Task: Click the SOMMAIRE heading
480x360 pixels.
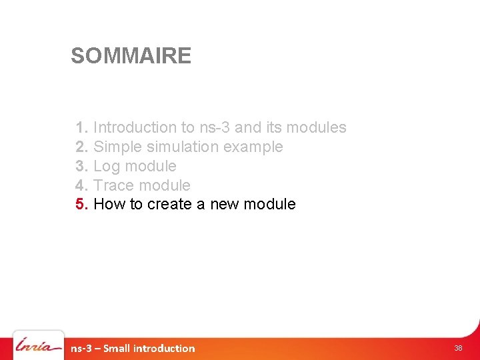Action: tap(131, 56)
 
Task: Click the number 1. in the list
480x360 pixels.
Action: tap(82, 127)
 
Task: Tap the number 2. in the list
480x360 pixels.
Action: tap(82, 147)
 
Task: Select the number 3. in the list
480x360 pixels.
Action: tap(82, 166)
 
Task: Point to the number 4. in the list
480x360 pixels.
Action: tap(82, 185)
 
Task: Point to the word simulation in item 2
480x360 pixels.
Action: tap(179, 147)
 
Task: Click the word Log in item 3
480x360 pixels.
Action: tap(107, 166)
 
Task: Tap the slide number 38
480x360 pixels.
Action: tap(458, 348)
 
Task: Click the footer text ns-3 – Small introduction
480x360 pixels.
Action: tap(133, 348)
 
